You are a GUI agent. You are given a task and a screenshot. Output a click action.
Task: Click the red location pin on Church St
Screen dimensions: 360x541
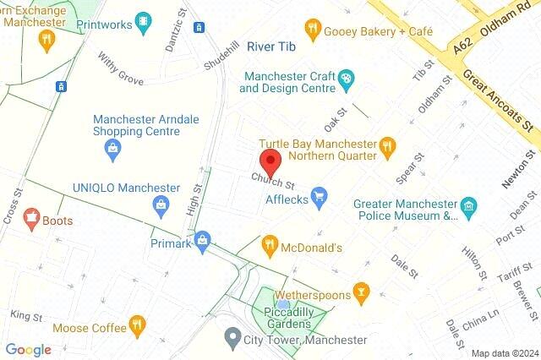[270, 161]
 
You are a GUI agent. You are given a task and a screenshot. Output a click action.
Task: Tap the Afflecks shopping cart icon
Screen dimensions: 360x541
[319, 198]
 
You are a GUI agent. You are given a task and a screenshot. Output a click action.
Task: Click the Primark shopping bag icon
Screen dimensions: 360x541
[202, 243]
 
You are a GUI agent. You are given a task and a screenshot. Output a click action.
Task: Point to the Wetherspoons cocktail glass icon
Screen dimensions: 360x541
[362, 292]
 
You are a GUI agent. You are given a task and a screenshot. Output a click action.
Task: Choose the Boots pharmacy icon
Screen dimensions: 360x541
[33, 220]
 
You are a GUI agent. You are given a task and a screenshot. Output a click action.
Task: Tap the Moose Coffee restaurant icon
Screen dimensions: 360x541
[136, 325]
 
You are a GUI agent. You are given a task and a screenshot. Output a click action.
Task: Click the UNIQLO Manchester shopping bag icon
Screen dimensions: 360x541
[161, 204]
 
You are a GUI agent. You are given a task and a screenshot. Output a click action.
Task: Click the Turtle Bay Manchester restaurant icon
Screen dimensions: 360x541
[388, 145]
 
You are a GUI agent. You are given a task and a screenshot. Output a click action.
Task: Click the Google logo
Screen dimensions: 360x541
[29, 350]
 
